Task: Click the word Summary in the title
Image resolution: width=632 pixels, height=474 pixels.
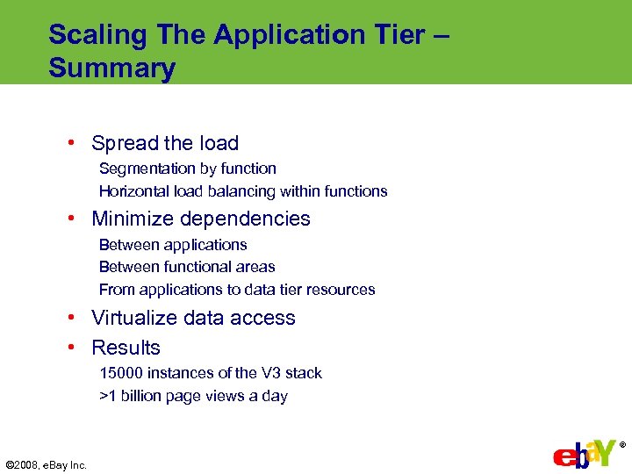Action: pyautogui.click(x=112, y=68)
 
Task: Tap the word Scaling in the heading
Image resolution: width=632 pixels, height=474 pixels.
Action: pyautogui.click(x=98, y=35)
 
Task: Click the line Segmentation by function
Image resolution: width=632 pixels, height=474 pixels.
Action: pyautogui.click(x=187, y=169)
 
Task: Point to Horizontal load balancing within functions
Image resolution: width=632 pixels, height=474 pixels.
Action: pyautogui.click(x=243, y=191)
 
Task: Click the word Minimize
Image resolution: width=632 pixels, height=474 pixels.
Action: pyautogui.click(x=132, y=219)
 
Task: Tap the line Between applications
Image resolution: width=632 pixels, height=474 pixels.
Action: pyautogui.click(x=173, y=245)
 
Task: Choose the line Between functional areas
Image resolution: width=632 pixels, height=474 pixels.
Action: pyautogui.click(x=187, y=267)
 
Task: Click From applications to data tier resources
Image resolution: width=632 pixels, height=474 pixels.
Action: pyautogui.click(x=237, y=290)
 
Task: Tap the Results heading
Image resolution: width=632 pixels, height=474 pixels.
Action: pyautogui.click(x=126, y=348)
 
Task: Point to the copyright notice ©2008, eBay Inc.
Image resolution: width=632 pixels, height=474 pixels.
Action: pyautogui.click(x=47, y=465)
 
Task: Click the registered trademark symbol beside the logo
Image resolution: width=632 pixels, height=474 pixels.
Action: pyautogui.click(x=622, y=445)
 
